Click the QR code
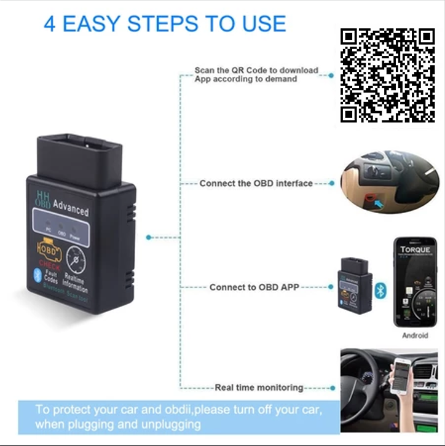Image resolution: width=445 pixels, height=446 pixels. [x=388, y=75]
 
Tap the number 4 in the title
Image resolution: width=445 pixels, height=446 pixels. [x=50, y=24]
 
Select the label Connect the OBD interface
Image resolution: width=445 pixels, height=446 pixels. [x=256, y=183]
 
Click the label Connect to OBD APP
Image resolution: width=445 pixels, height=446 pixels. [x=254, y=287]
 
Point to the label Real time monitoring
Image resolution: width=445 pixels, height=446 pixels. [x=259, y=388]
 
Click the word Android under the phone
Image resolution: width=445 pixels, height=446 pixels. [x=415, y=335]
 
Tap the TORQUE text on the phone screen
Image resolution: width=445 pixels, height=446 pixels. [x=415, y=251]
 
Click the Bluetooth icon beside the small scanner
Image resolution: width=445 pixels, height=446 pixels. [x=380, y=290]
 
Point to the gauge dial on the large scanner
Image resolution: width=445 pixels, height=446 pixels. [x=77, y=262]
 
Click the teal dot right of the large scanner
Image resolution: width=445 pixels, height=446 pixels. [x=148, y=237]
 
